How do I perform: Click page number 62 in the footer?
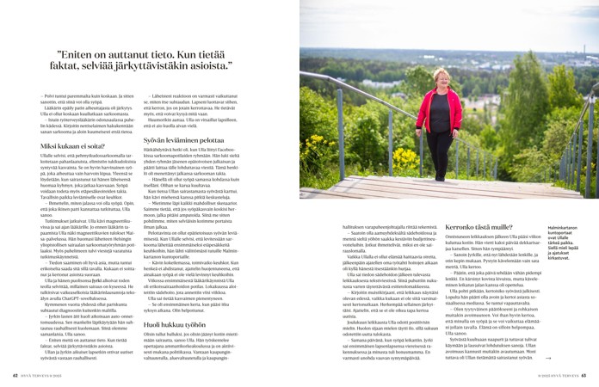15,375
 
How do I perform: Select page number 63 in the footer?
583,375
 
